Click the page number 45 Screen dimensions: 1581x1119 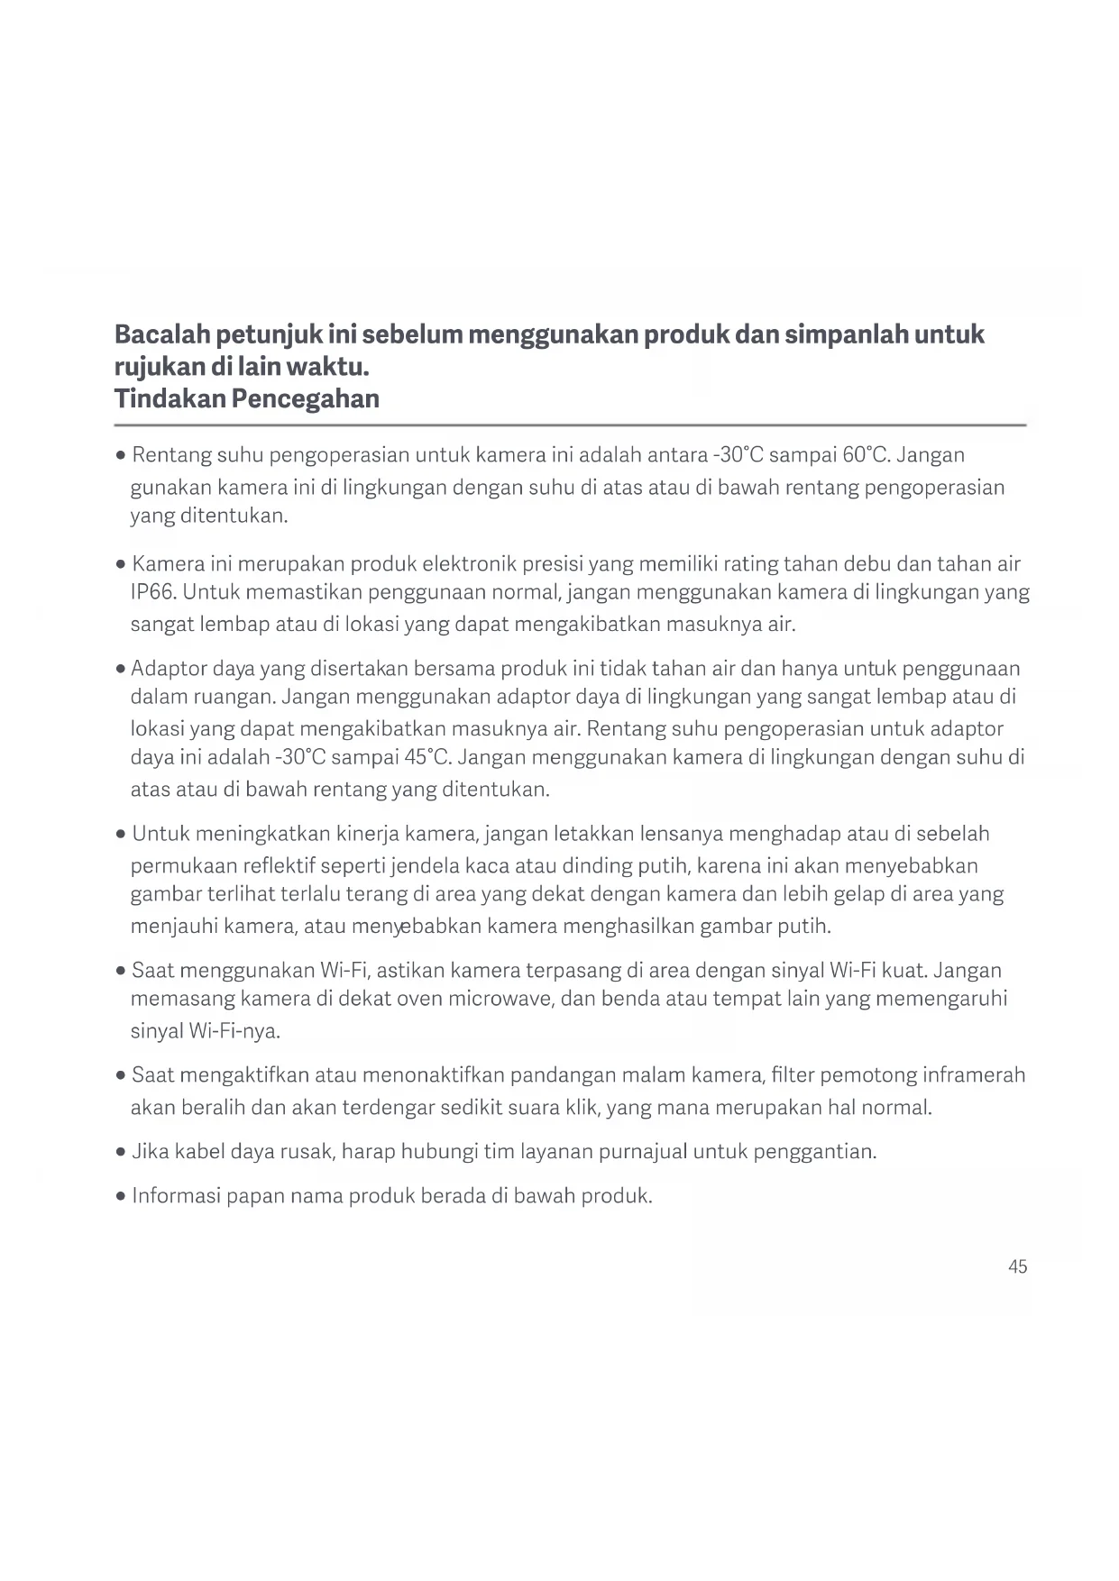(x=1017, y=1266)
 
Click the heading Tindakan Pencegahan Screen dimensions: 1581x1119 (x=246, y=398)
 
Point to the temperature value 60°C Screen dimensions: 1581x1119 (x=866, y=454)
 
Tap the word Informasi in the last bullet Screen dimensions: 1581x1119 (x=176, y=1196)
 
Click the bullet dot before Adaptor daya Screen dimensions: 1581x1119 (x=121, y=670)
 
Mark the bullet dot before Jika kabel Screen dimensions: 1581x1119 (x=121, y=1152)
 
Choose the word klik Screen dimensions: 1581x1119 (x=582, y=1107)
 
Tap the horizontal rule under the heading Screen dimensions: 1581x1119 (x=570, y=425)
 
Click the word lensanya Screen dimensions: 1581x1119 (x=681, y=834)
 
